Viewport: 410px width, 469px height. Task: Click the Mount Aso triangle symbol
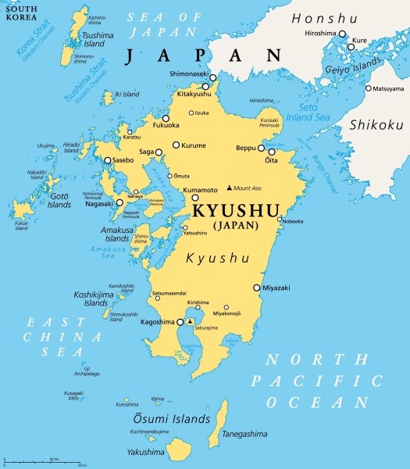pos(229,188)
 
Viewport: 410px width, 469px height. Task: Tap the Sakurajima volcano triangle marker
pos(190,321)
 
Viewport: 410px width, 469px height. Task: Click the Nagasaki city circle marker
pos(119,202)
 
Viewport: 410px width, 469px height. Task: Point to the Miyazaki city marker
pos(256,288)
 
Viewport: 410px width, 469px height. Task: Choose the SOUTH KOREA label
pos(21,13)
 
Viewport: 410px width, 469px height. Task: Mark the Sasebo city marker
pos(108,161)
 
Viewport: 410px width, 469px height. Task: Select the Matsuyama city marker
pos(368,88)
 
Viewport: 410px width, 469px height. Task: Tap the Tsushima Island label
pos(102,39)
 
